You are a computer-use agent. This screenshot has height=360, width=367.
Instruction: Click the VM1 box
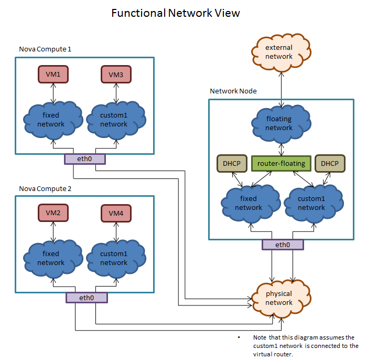point(53,75)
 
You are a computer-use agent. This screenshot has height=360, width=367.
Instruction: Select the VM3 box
point(116,75)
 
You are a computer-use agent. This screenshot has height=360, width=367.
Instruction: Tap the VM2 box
point(53,213)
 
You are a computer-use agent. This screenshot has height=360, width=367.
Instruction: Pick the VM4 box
point(116,213)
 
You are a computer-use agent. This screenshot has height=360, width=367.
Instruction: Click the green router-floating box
point(281,163)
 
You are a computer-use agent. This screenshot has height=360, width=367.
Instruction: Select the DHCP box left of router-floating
point(231,163)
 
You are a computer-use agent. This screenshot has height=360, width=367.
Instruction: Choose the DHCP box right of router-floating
point(330,163)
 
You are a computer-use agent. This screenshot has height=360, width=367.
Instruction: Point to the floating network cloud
point(279,124)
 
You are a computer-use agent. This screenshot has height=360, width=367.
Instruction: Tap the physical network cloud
point(279,298)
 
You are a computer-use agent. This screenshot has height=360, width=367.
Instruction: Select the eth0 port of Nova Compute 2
point(86,298)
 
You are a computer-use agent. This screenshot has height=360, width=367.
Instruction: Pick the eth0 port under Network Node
point(283,245)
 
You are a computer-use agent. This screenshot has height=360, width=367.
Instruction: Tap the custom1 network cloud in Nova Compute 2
point(114,258)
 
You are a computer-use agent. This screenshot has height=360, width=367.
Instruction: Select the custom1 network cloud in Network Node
point(311,203)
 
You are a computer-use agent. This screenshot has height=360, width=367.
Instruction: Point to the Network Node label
point(233,91)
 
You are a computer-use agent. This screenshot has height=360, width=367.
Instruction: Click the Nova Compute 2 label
point(45,188)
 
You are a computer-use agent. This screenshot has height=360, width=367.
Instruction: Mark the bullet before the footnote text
point(239,337)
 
